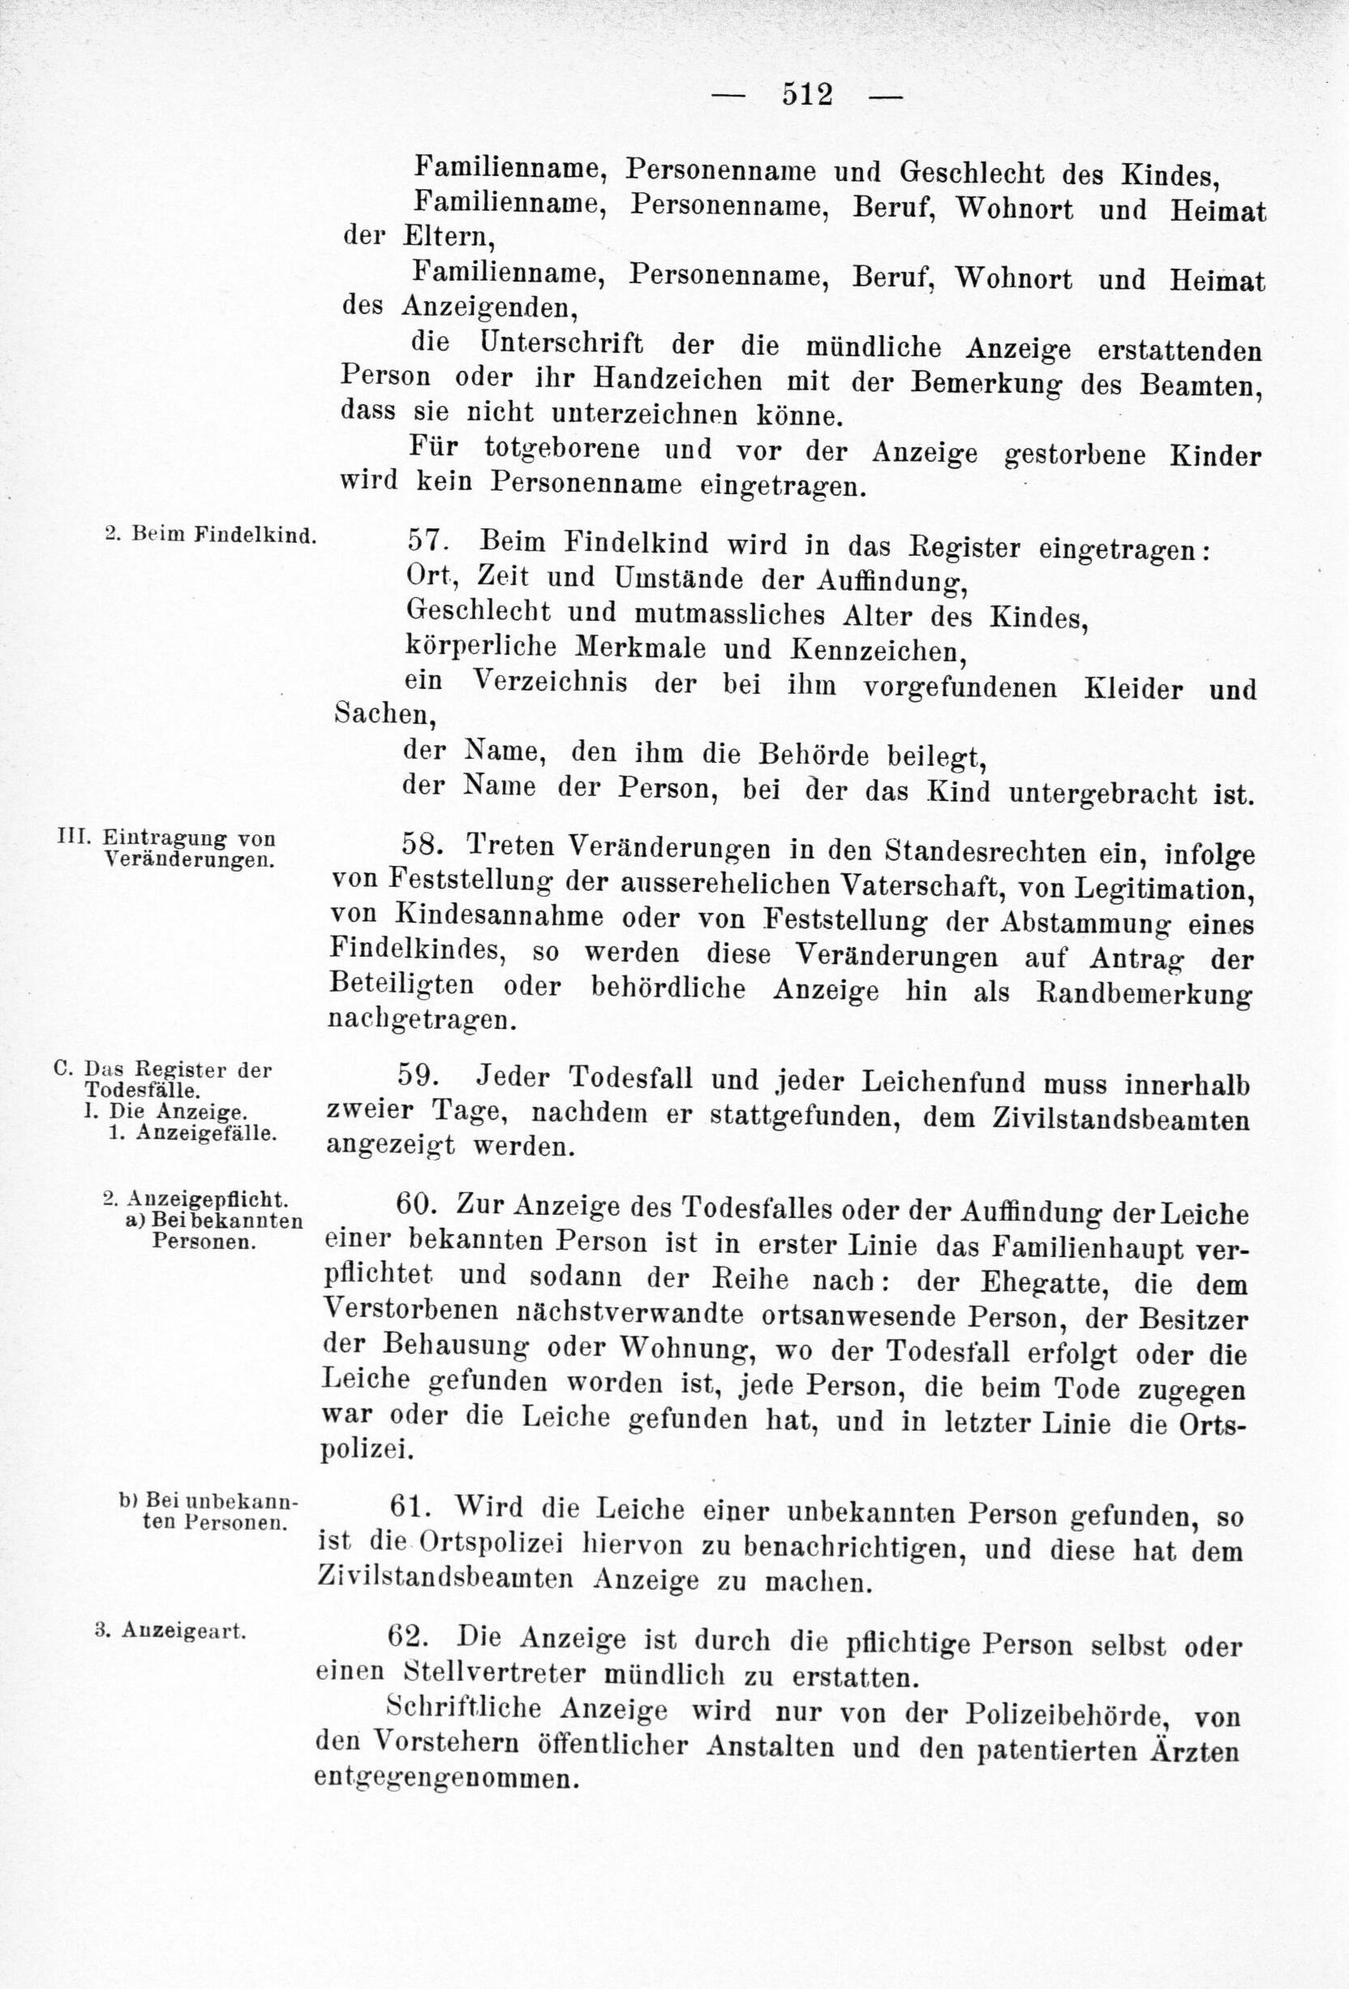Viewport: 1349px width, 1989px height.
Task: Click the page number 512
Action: [806, 93]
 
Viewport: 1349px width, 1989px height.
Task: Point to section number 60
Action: [417, 1204]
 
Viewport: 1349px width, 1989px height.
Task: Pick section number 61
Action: [412, 1506]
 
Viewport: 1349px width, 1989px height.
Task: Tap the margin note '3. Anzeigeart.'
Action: [171, 1630]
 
